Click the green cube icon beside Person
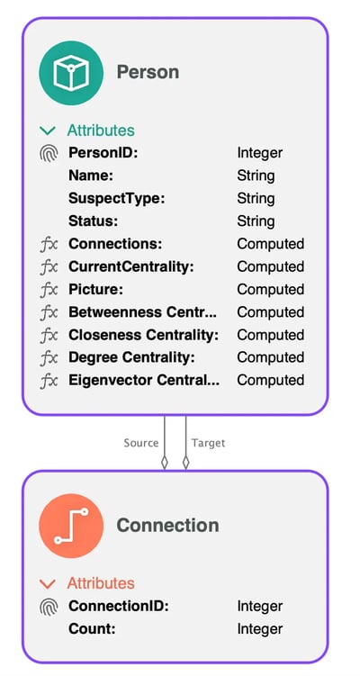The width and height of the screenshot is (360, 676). [x=71, y=73]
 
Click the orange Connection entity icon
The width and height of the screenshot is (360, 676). [x=71, y=526]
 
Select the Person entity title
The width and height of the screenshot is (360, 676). [x=148, y=72]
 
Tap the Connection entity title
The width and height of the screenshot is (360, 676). [x=167, y=525]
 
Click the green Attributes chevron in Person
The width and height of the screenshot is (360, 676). [x=48, y=131]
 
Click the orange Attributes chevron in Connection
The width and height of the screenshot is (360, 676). [x=48, y=584]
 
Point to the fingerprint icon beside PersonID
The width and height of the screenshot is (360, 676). [x=49, y=153]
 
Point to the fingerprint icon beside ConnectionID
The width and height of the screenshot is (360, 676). [x=49, y=606]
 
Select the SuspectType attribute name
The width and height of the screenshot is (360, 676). [x=117, y=199]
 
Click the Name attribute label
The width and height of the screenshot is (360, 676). [x=91, y=176]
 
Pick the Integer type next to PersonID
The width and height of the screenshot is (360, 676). [x=260, y=153]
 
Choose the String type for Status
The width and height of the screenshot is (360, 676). [x=256, y=221]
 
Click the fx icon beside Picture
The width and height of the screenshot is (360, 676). [x=49, y=290]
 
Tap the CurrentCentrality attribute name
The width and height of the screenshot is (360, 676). [x=131, y=266]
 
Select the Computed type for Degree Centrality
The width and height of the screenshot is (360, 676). [x=271, y=358]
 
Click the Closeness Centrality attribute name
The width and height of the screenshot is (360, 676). [x=144, y=335]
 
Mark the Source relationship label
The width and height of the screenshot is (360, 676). [x=141, y=443]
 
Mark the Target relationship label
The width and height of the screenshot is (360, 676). [x=208, y=443]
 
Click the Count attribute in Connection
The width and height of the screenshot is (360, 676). [x=92, y=629]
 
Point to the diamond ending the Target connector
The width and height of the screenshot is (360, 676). [x=185, y=463]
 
